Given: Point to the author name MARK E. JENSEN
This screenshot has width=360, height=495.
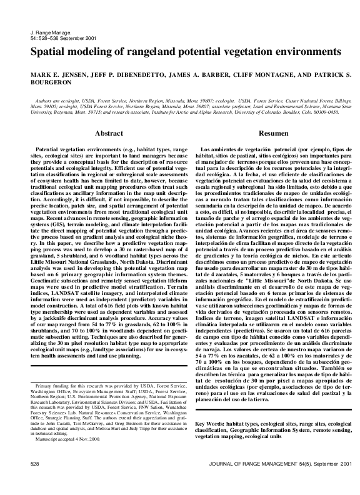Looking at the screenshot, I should click(57, 74).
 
